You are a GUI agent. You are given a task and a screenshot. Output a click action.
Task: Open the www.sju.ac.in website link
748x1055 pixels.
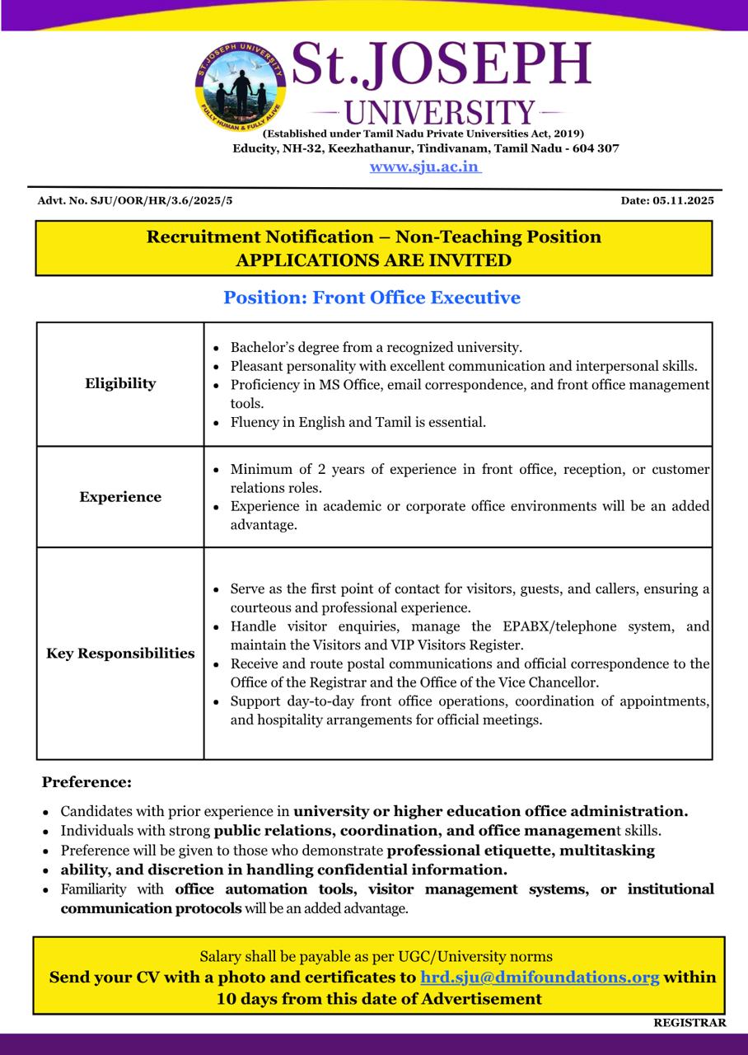(424, 166)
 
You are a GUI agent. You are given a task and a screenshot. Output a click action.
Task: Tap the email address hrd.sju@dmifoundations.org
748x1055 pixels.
(540, 978)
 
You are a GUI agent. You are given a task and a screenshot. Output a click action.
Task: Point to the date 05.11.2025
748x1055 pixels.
(684, 200)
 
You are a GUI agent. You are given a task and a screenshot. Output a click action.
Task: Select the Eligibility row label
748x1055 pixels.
(120, 383)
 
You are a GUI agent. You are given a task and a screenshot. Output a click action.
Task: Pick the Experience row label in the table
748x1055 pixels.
(120, 497)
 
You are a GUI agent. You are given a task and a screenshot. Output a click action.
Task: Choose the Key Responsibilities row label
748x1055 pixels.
(120, 654)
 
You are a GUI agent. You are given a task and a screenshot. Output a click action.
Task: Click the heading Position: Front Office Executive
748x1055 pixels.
(372, 298)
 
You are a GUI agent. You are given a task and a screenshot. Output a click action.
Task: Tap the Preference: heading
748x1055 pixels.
(86, 782)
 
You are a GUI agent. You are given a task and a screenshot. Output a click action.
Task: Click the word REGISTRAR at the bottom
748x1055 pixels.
(690, 1023)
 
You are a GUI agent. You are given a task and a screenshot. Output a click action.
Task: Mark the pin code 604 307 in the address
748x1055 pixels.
(593, 148)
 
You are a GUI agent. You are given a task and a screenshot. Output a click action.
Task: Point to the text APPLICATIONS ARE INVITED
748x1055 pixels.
(373, 260)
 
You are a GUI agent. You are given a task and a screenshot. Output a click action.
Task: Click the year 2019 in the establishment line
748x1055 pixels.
(566, 134)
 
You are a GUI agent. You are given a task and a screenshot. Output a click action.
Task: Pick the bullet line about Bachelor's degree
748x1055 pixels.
(376, 348)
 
